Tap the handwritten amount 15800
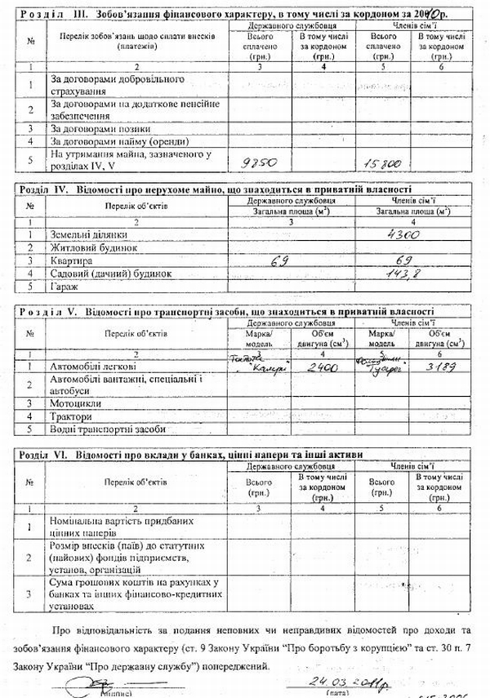(381, 164)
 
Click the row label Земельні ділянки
(84, 234)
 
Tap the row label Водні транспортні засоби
(108, 429)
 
